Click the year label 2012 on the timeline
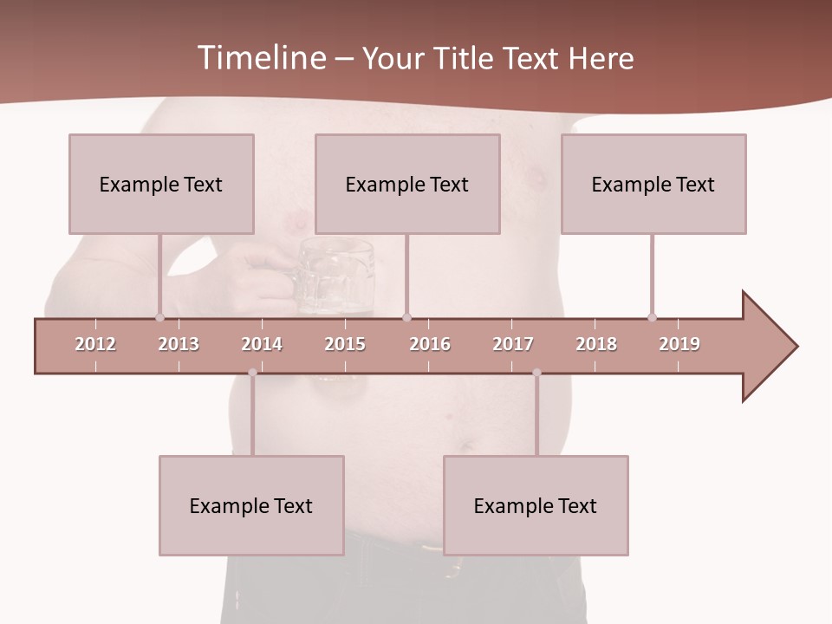pos(95,344)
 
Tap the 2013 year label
pos(179,344)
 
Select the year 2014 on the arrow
pos(262,344)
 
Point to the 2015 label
pos(345,344)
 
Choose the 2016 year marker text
pos(430,344)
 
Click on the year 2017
pos(513,344)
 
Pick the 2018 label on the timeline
pos(596,344)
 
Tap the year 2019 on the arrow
pos(679,344)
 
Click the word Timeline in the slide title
pos(261,58)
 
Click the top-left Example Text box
pos(161,184)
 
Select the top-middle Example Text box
pos(407,184)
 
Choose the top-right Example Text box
pos(653,184)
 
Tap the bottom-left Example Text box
pos(251,505)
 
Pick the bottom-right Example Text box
pos(536,505)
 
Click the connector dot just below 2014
pos(252,373)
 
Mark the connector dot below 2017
pos(536,373)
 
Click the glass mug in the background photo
pos(334,276)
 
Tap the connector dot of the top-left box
pos(159,317)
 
